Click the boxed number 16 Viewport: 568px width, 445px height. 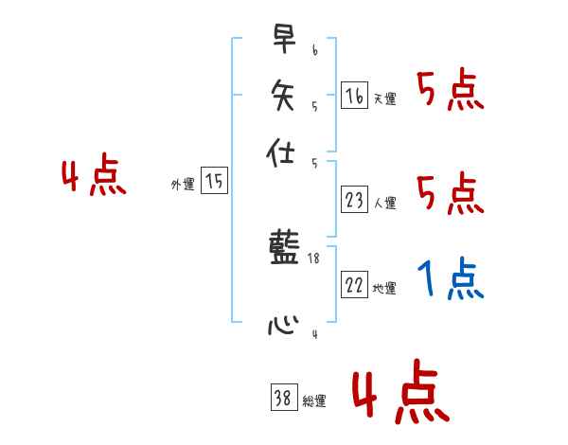coord(354,96)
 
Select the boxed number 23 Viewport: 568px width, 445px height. coord(354,200)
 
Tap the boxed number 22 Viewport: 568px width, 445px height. coord(354,285)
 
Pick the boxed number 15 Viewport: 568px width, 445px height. coord(214,182)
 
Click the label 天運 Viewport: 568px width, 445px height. coord(384,98)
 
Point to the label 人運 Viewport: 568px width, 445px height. coord(384,203)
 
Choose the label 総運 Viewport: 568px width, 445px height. coord(314,401)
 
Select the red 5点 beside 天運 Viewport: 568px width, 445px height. coord(451,92)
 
